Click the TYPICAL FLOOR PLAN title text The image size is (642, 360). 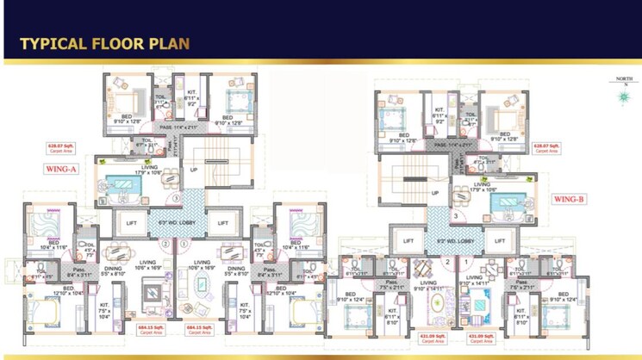pyautogui.click(x=104, y=44)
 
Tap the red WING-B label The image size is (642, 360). pyautogui.click(x=568, y=199)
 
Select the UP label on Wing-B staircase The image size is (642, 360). pyautogui.click(x=434, y=192)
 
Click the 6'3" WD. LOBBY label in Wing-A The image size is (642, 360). pyautogui.click(x=176, y=224)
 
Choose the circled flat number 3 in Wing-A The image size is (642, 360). pyautogui.click(x=176, y=199)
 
